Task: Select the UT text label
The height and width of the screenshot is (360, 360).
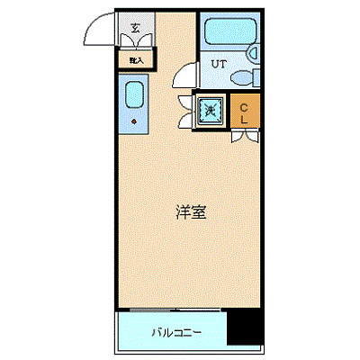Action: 219,64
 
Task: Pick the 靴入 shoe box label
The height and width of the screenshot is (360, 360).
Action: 136,59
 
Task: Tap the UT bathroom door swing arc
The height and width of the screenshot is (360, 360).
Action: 185,76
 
